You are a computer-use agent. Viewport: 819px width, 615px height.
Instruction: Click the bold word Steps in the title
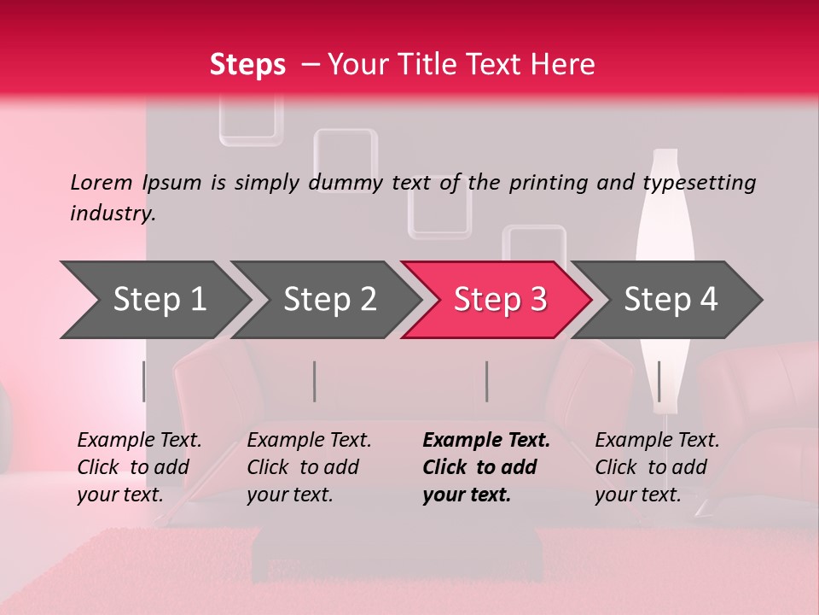coord(247,65)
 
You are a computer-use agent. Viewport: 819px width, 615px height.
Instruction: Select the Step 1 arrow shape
coord(156,300)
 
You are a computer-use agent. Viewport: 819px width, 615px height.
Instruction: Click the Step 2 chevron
coord(327,300)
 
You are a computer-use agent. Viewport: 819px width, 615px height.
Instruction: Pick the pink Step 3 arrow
coord(497,300)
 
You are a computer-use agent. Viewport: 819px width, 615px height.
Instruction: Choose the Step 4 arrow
coord(667,300)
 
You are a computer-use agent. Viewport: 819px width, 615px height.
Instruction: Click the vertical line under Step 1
coord(143,381)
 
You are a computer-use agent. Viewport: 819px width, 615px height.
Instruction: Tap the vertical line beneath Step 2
coord(315,381)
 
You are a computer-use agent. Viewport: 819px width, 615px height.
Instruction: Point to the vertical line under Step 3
coord(486,381)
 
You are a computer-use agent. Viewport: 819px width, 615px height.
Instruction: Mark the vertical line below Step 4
coord(659,381)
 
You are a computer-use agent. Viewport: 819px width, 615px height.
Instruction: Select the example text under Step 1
coord(139,467)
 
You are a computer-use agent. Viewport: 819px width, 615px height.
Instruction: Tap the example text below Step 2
coord(309,467)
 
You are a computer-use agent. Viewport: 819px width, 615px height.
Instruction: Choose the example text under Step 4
coord(657,467)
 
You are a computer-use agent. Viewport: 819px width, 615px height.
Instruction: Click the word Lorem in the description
coord(102,183)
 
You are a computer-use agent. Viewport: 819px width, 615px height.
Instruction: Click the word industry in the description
coord(113,214)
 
